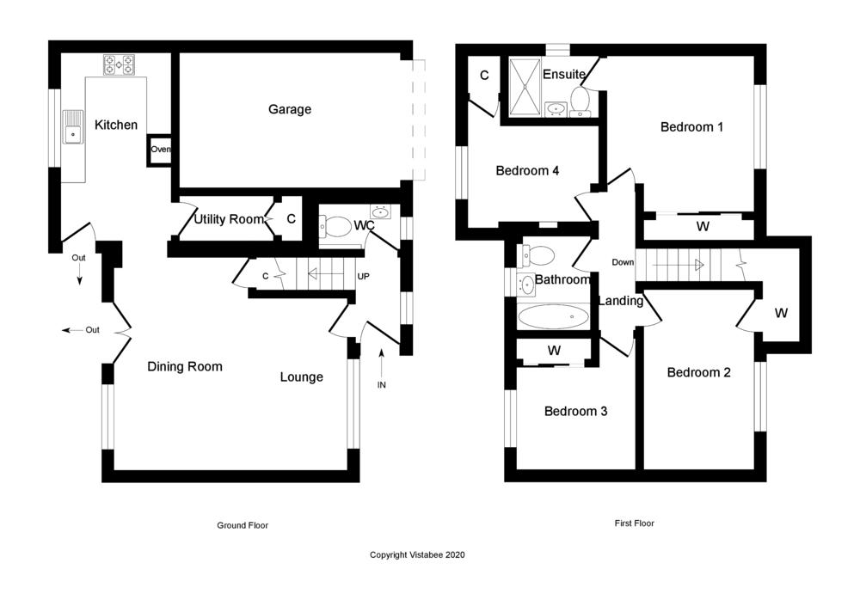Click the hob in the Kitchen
click(x=119, y=64)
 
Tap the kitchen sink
click(x=72, y=133)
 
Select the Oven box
click(x=160, y=150)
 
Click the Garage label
click(x=290, y=109)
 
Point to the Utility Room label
click(x=228, y=219)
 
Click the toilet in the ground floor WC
click(x=335, y=226)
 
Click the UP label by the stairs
click(x=363, y=277)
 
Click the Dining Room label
click(x=185, y=366)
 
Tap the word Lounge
click(x=301, y=376)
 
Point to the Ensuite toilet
click(x=580, y=101)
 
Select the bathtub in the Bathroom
click(x=553, y=316)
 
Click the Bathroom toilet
click(x=539, y=254)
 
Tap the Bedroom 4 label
click(x=527, y=170)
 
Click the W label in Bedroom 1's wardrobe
click(x=702, y=226)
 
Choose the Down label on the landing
click(x=622, y=262)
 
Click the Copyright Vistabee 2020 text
click(x=417, y=555)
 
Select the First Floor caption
click(x=635, y=523)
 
